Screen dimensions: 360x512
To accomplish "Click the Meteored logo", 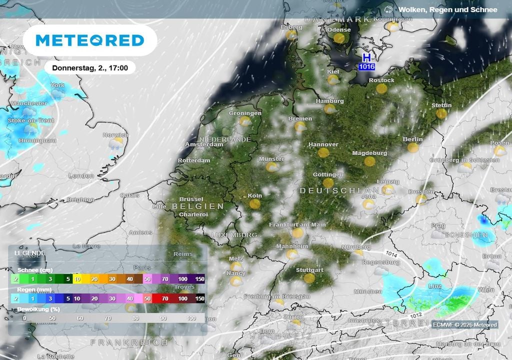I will [90, 40].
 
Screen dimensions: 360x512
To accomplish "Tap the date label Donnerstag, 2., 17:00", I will [90, 68].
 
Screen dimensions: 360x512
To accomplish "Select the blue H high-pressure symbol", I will [366, 57].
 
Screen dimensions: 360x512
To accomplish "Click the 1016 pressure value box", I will [366, 66].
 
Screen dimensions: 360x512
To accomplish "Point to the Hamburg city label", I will [329, 101].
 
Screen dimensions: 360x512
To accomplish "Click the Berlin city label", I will [412, 139].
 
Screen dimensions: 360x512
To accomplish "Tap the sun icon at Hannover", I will [323, 152].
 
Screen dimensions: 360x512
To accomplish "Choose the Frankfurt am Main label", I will [297, 224].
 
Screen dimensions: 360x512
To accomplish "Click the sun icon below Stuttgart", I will [309, 278].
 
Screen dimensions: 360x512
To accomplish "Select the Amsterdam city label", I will [204, 144].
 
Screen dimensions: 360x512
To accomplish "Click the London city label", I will [81, 176].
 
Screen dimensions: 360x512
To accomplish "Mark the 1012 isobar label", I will [411, 314].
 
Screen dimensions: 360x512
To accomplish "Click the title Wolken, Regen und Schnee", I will [447, 9].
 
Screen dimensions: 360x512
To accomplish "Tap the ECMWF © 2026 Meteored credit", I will [464, 325].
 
